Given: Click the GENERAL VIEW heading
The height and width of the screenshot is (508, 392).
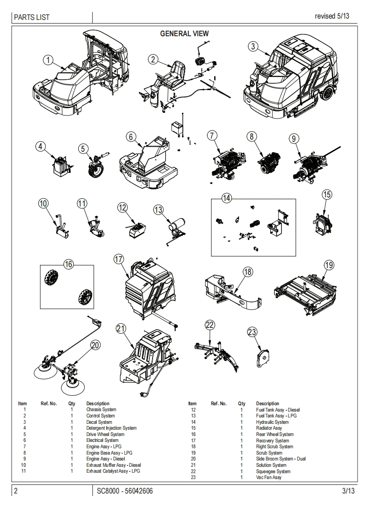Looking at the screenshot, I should pyautogui.click(x=185, y=34).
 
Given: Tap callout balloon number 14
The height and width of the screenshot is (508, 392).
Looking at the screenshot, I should pyautogui.click(x=226, y=198).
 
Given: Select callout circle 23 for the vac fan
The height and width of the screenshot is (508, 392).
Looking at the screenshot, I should pyautogui.click(x=252, y=332).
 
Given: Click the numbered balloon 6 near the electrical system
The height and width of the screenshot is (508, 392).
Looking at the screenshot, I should pyautogui.click(x=130, y=136).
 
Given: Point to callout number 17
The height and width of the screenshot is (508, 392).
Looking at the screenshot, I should pyautogui.click(x=119, y=259).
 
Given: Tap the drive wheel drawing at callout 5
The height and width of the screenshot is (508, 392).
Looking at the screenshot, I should pyautogui.click(x=96, y=168).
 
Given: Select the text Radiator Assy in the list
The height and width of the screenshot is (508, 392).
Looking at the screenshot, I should pyautogui.click(x=269, y=428).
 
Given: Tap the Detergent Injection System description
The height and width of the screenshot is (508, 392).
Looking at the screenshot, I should pyautogui.click(x=111, y=428).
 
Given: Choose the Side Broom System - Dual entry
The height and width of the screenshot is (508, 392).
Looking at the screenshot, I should pyautogui.click(x=281, y=459).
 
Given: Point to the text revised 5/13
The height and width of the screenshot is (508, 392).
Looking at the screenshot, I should pyautogui.click(x=332, y=16).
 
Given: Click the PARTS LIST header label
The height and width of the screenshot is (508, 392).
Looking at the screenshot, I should pyautogui.click(x=32, y=18).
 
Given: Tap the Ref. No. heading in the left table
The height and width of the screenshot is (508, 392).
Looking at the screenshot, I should pyautogui.click(x=48, y=403).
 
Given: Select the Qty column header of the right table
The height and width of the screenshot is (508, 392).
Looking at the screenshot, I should pyautogui.click(x=242, y=403).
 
